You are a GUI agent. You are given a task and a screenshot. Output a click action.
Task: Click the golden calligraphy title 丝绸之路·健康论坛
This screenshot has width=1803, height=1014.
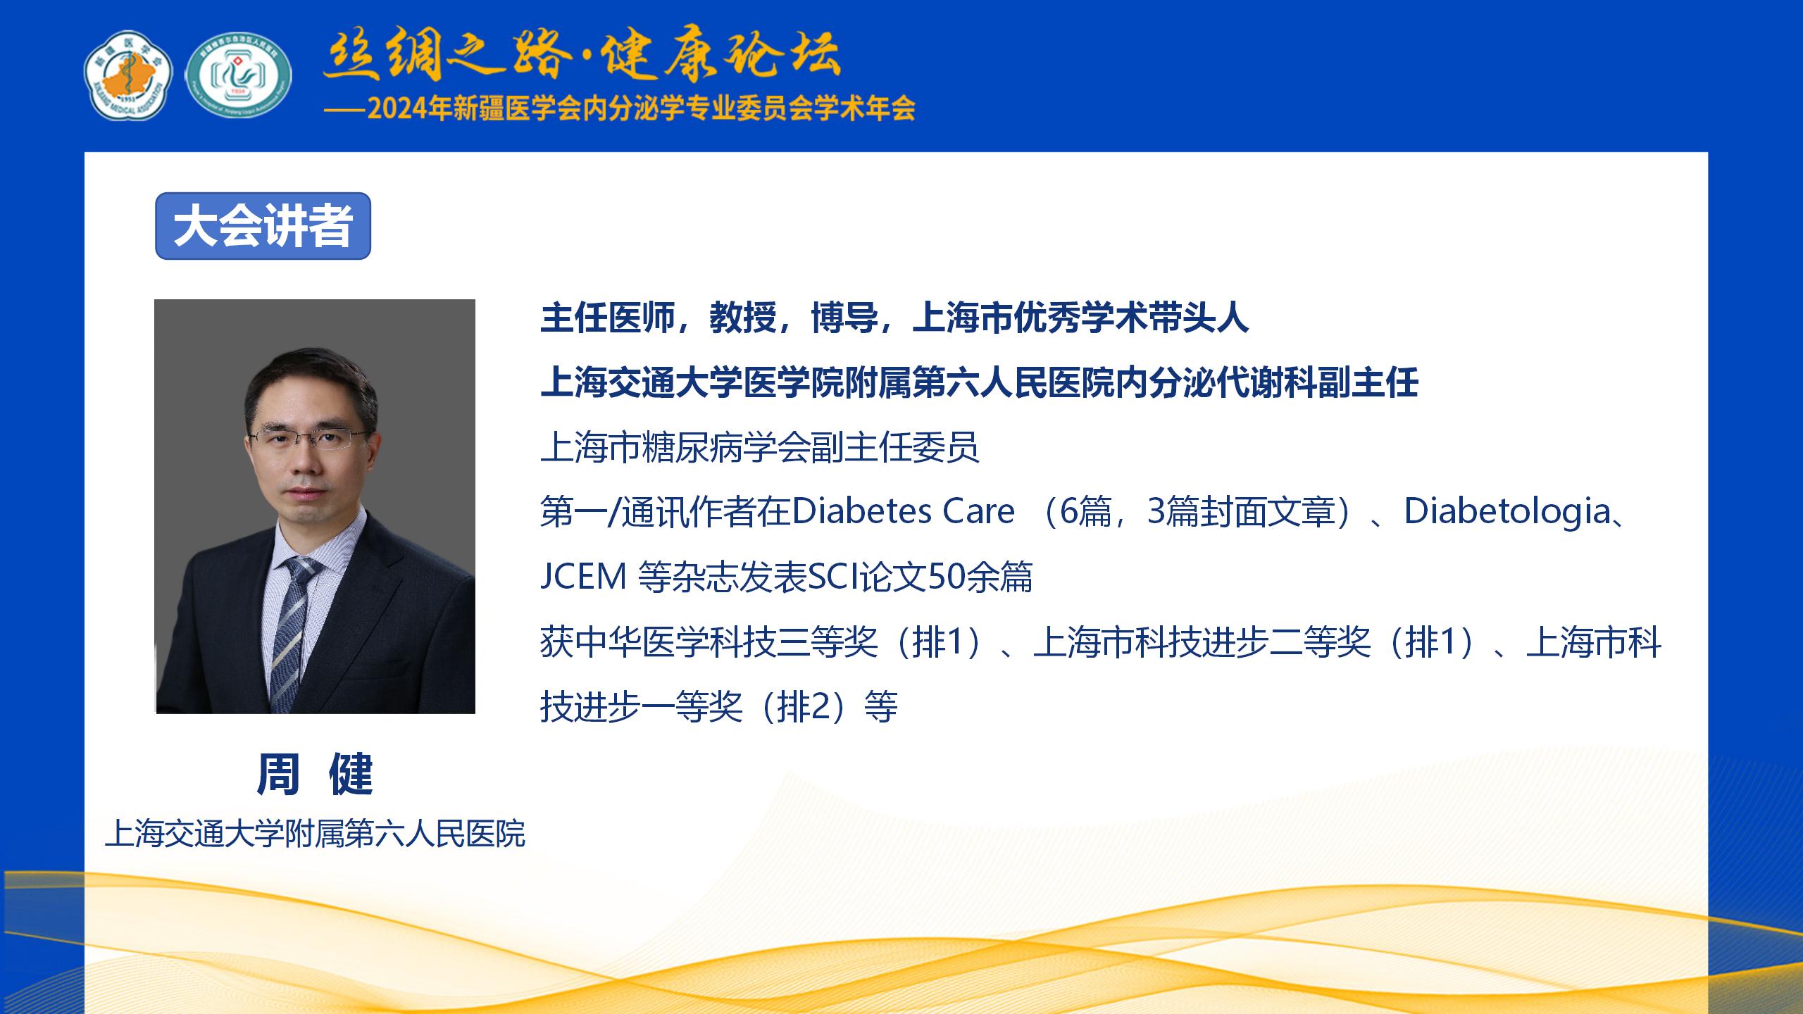[582, 55]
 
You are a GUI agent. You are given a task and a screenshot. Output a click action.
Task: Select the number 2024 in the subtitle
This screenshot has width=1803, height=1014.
[399, 110]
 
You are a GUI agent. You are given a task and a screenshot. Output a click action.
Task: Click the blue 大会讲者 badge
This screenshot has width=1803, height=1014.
[263, 226]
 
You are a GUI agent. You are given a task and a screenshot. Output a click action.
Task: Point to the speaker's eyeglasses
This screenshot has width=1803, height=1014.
[311, 438]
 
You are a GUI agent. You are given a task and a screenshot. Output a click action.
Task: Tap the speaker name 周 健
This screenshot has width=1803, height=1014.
[314, 774]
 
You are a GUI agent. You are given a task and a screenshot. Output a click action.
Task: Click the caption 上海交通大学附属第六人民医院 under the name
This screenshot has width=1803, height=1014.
[315, 834]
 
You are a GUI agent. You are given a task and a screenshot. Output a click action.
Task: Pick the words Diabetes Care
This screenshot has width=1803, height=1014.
[904, 511]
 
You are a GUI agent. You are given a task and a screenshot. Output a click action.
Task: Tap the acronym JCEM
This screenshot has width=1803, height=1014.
[583, 577]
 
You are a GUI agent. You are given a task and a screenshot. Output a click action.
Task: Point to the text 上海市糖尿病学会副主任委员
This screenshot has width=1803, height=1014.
[760, 447]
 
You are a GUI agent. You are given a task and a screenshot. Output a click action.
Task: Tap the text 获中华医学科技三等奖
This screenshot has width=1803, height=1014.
[709, 642]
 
